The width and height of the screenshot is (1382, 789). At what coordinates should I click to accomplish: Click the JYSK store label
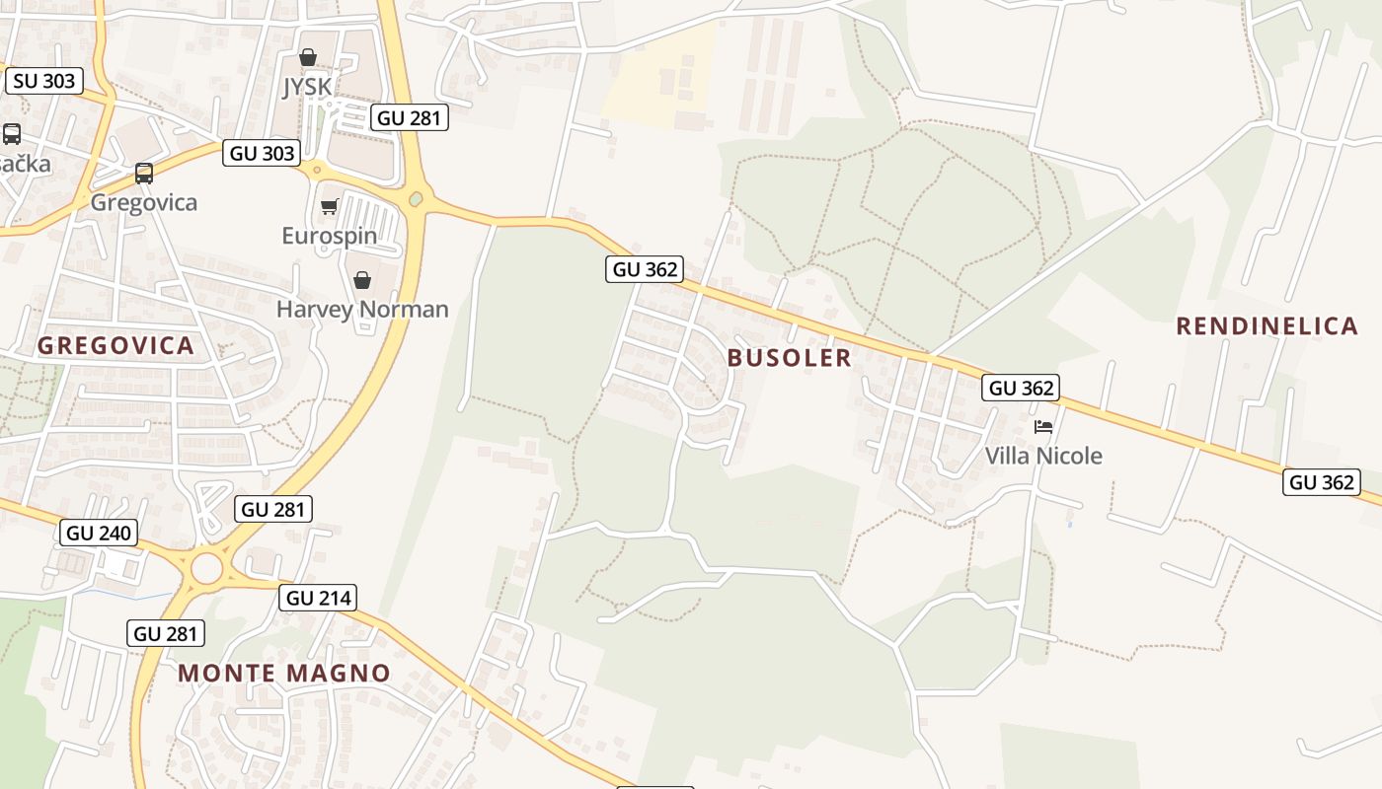307,87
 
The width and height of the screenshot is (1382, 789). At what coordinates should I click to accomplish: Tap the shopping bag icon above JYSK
308,57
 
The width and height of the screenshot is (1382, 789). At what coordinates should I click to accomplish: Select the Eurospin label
329,236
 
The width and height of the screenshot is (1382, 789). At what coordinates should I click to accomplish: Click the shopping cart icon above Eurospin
329,206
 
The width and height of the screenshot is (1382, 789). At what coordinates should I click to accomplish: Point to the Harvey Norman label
361,309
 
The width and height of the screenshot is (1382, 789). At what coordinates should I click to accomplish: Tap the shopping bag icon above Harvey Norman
362,280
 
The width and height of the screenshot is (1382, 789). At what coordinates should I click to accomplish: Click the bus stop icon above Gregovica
144,174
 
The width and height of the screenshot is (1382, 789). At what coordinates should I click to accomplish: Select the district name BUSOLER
789,358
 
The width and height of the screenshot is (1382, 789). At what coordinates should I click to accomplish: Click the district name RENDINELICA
1267,326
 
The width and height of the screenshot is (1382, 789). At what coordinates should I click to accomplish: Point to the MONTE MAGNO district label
284,674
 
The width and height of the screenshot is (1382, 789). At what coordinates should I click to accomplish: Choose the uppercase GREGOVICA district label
115,346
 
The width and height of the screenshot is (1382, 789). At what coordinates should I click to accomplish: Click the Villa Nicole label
1043,456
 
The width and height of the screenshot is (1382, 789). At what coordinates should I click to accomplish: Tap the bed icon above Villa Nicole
1043,427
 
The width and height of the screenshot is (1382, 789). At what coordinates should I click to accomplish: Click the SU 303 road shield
44,81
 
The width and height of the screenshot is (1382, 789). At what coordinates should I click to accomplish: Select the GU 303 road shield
262,153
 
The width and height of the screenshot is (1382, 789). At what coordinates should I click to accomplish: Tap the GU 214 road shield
317,598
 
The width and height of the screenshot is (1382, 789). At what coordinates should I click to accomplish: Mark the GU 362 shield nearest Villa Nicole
1021,388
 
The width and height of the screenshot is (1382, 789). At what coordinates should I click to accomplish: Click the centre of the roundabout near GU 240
207,568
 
